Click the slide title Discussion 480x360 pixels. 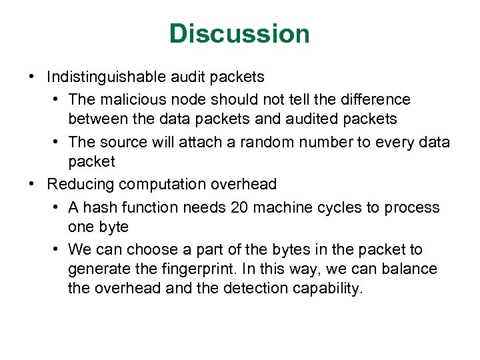point(239,33)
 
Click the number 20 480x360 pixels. point(239,207)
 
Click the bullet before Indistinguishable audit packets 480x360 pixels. point(33,77)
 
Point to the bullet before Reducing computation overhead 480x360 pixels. point(33,183)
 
